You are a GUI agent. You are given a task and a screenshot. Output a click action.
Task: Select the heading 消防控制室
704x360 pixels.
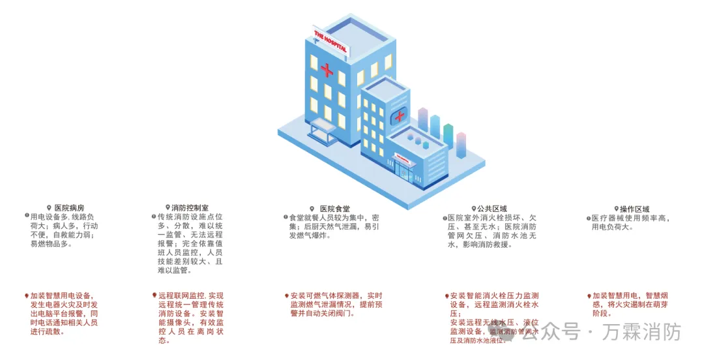pyautogui.click(x=190, y=208)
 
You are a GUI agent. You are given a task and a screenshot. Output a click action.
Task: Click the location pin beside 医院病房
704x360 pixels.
pyautogui.click(x=49, y=208)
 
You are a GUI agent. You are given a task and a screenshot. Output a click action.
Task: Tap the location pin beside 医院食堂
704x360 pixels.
pyautogui.click(x=312, y=209)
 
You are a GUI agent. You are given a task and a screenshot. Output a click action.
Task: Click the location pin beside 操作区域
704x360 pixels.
pyautogui.click(x=615, y=209)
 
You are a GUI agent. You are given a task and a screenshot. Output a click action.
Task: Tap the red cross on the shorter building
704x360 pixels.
pyautogui.click(x=398, y=117)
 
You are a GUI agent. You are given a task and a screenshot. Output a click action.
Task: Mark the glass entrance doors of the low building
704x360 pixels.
pyautogui.click(x=405, y=173)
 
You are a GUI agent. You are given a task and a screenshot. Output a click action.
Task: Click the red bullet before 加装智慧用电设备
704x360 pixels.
pyautogui.click(x=27, y=295)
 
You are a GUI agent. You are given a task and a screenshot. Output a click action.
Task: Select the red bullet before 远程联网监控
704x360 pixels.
pyautogui.click(x=154, y=295)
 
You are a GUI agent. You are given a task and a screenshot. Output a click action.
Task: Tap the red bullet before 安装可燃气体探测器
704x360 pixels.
pyautogui.click(x=286, y=295)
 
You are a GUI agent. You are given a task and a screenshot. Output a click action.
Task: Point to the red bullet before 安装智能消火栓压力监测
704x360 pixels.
pyautogui.click(x=447, y=295)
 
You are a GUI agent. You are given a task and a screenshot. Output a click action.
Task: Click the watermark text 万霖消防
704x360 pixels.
pyautogui.click(x=641, y=333)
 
